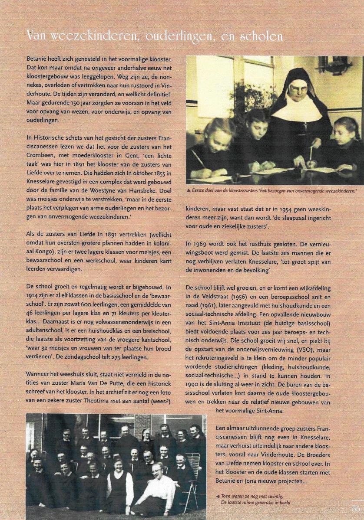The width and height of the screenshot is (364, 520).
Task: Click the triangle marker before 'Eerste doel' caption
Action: pyautogui.click(x=188, y=190)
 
